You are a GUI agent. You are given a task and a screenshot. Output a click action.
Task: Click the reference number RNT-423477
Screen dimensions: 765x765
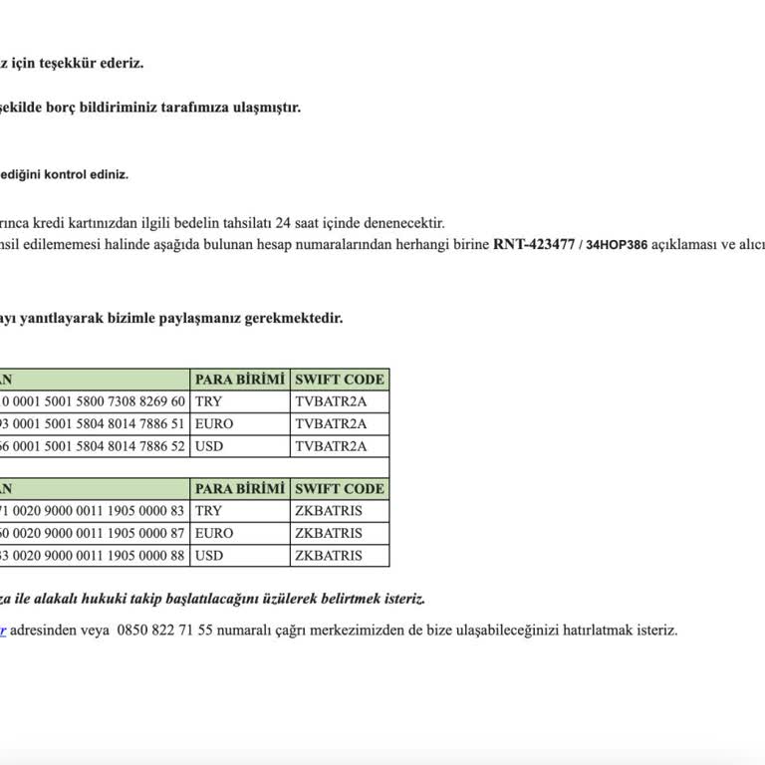[x=533, y=244]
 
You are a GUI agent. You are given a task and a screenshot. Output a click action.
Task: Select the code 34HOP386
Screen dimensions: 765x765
[x=617, y=245]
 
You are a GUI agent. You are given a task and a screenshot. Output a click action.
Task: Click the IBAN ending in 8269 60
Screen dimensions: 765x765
[x=93, y=401]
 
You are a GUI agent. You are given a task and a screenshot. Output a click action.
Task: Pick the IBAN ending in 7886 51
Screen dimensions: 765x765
[x=93, y=423]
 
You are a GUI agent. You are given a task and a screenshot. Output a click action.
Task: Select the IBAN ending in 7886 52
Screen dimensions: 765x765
[x=93, y=446]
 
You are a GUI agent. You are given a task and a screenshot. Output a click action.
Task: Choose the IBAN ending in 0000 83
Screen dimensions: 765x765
[x=93, y=511]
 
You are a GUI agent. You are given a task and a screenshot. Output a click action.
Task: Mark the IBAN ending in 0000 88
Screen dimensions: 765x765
[x=93, y=555]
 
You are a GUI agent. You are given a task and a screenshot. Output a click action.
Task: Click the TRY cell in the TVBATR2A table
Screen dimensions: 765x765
[x=209, y=401]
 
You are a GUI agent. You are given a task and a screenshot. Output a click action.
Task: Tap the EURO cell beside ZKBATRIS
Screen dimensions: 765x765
[x=214, y=533]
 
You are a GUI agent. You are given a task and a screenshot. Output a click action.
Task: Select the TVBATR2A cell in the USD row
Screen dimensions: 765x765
[x=331, y=446]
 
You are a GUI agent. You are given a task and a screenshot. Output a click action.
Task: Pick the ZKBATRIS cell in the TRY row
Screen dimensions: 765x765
[x=329, y=511]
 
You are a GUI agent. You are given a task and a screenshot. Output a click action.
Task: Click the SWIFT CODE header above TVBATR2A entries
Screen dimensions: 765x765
[x=339, y=380]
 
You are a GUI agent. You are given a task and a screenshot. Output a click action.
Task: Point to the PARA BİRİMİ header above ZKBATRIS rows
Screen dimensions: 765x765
[x=239, y=489]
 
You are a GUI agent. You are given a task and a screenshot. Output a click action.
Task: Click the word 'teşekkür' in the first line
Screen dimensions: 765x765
[x=74, y=63]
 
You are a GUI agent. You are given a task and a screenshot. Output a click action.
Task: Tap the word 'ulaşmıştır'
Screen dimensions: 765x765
[x=266, y=108]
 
